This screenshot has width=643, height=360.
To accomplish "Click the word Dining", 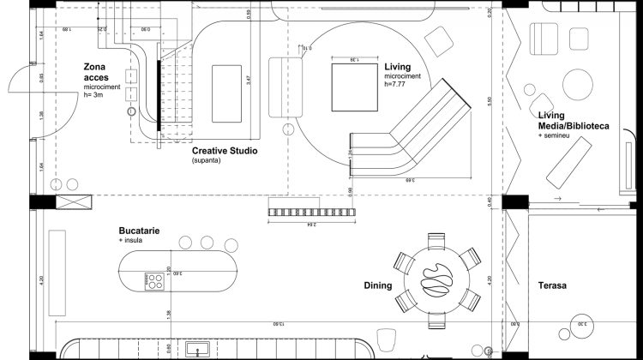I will [378, 285].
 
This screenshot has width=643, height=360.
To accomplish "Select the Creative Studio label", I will [225, 150].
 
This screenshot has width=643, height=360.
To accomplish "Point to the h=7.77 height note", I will [397, 84].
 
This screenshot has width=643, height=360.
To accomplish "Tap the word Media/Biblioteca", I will [574, 126].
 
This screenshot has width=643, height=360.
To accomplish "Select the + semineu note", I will [556, 136].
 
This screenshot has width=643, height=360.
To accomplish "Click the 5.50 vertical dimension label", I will [490, 101].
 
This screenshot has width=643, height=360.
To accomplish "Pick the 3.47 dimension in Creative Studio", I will [248, 83].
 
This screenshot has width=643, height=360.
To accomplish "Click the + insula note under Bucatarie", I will [131, 242].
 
